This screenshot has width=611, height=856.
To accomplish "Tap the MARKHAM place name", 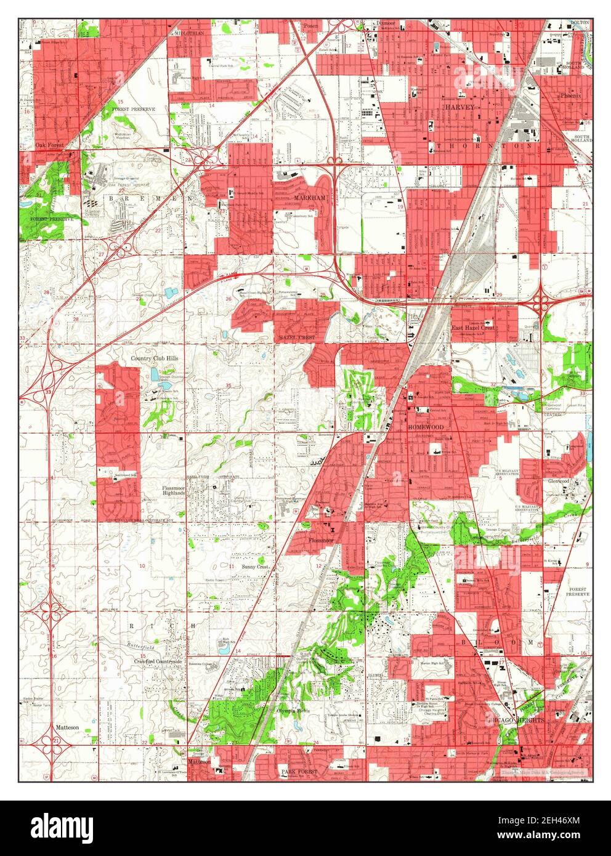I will click(x=293, y=197).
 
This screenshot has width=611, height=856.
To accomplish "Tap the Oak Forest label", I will click(x=49, y=145).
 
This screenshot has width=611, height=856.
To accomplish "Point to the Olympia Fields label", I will click(x=292, y=711).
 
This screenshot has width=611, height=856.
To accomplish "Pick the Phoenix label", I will click(x=575, y=96).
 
